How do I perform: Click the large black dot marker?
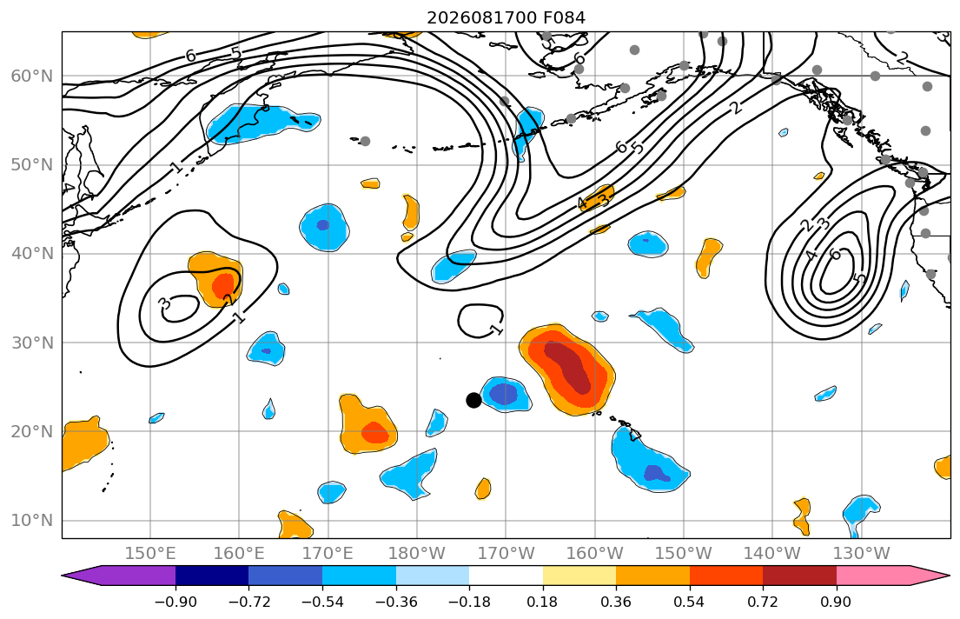473,400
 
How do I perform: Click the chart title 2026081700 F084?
506,17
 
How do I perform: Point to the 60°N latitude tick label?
32,76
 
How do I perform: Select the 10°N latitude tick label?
32,521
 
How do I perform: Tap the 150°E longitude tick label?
150,554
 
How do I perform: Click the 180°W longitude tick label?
417,554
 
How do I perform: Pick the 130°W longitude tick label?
862,554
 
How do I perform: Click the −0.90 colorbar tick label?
175,602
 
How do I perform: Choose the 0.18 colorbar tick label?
542,602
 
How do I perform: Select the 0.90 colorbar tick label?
836,602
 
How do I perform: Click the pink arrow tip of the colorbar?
949,576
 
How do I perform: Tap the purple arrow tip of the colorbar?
63,576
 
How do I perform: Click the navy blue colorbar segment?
212,576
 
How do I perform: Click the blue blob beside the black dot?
506,394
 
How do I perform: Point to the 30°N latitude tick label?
32,343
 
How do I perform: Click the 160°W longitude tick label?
594,554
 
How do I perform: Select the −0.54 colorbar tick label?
322,602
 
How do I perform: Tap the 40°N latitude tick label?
32,254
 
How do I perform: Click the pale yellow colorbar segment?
579,576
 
